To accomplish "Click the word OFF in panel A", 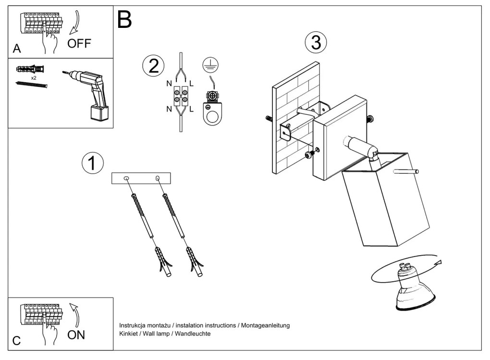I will coord(79,44).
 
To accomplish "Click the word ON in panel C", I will coord(76,335).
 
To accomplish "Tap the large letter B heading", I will coord(124,20).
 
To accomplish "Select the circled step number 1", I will coord(93,163).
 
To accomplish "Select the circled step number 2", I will coord(153,66).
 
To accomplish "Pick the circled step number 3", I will coord(316,43).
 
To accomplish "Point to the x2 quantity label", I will coord(33,77).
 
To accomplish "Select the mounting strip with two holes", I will coord(141,178).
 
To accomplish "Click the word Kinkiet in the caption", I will coord(129,334).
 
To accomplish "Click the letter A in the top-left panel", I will coord(17,49).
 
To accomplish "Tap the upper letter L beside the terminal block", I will coord(192,84).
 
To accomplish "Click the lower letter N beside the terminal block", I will coord(169,109).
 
